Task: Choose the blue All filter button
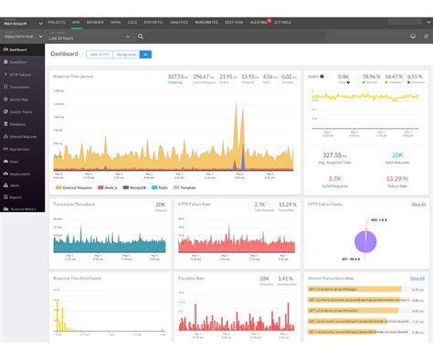(146, 54)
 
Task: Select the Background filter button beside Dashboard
(126, 54)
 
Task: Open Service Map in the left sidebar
(20, 99)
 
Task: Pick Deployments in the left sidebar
(20, 172)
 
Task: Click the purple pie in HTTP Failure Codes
(367, 240)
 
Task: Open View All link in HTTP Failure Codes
(417, 204)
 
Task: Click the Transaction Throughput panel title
(76, 205)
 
